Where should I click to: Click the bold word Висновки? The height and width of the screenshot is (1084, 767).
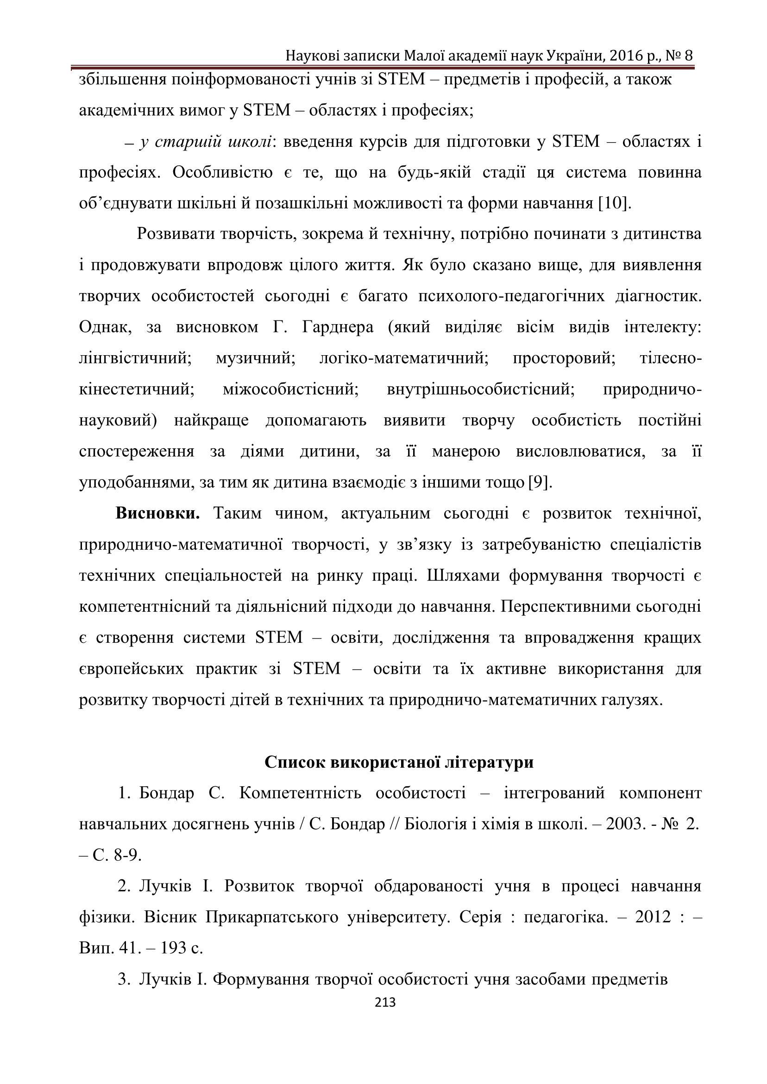pos(158,513)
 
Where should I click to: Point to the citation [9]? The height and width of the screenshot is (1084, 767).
pos(540,482)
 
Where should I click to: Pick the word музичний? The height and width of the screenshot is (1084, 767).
pos(256,358)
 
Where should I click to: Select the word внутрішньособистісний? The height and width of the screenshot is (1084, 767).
pos(480,389)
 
